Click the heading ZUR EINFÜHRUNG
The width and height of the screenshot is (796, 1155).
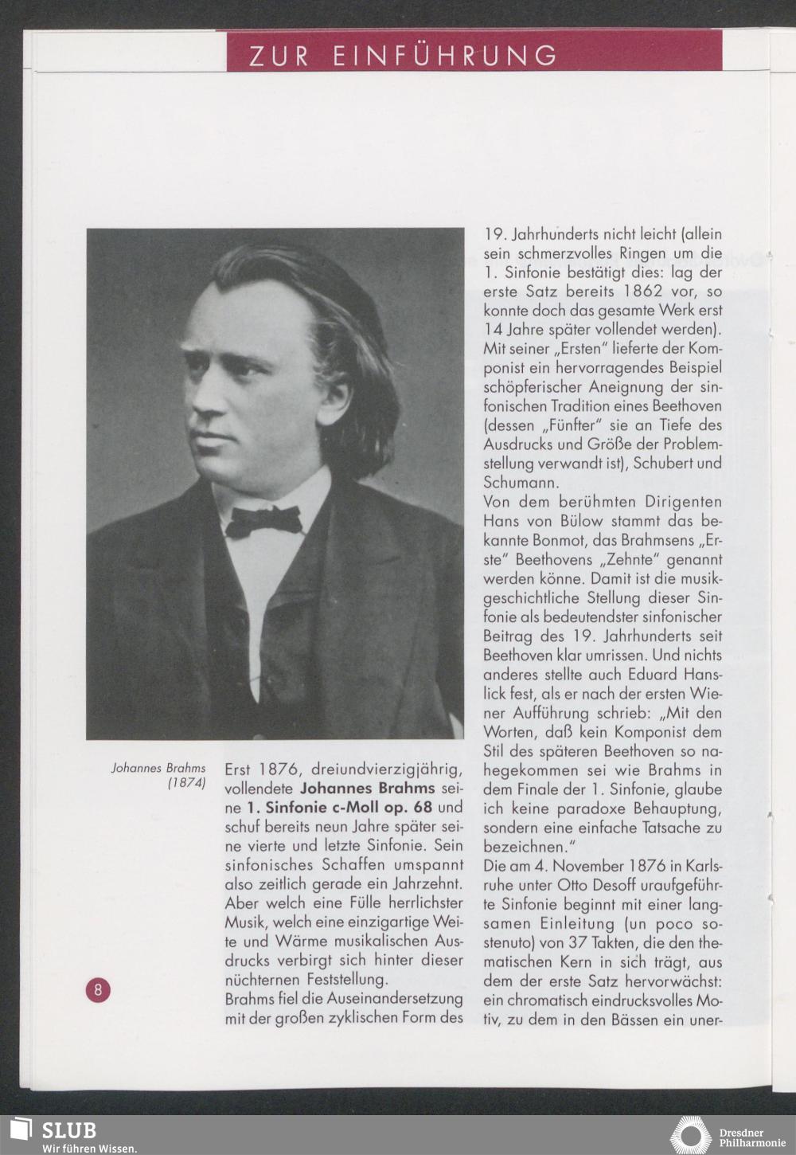point(403,56)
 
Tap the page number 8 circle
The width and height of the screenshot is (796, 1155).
point(98,990)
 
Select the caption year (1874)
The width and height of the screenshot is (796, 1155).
point(187,783)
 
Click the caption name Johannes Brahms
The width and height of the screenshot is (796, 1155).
point(158,768)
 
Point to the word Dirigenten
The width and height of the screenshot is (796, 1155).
point(684,502)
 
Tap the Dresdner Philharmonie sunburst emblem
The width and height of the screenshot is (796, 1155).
point(690,1135)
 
